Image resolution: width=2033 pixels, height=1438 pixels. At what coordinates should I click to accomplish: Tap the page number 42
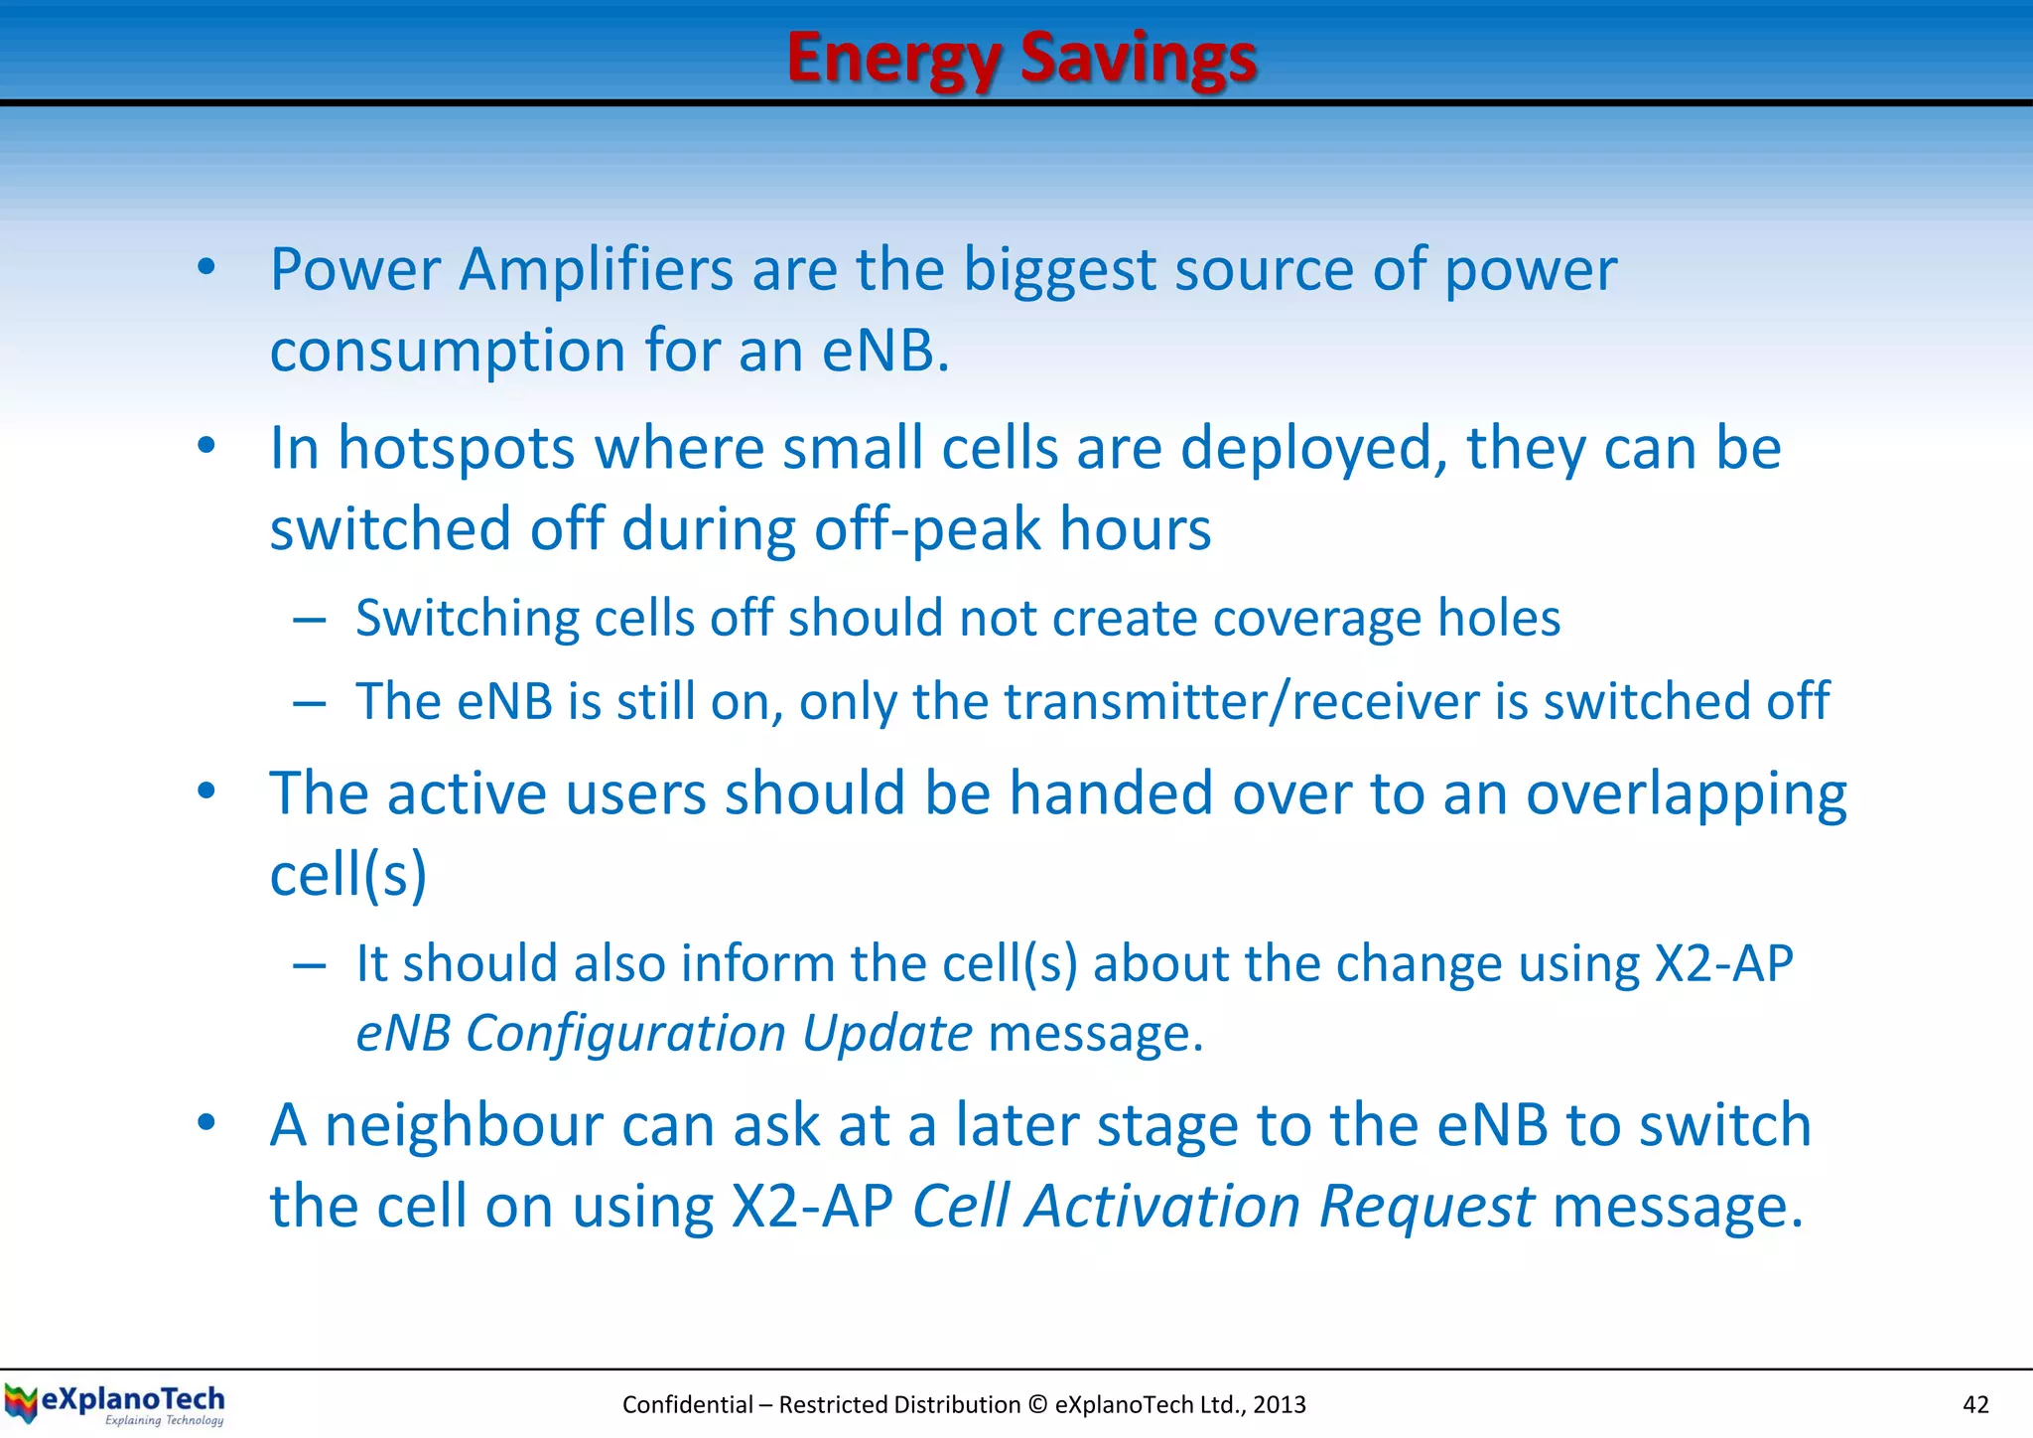[1975, 1404]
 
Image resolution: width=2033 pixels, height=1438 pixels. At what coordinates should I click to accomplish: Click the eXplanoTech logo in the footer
[115, 1404]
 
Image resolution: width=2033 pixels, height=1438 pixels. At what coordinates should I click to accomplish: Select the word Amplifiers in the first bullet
[596, 270]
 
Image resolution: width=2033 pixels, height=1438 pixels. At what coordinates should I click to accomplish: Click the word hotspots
[456, 449]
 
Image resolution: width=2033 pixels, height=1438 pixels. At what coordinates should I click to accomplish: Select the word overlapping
[1686, 794]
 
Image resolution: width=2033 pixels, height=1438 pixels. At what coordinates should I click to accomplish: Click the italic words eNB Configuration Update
[664, 1034]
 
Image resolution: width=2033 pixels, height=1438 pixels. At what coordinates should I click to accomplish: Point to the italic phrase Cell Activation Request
[1223, 1207]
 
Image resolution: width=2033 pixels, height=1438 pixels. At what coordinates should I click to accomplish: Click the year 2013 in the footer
[1279, 1404]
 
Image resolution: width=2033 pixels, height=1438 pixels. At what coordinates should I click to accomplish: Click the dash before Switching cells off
[310, 621]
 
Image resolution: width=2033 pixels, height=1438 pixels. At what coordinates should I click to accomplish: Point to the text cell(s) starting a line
[348, 876]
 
